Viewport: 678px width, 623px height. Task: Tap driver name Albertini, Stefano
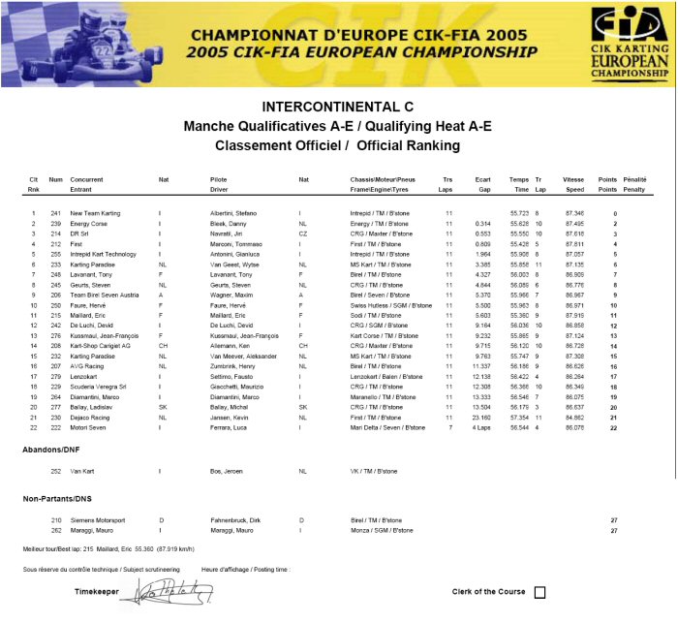tap(232, 213)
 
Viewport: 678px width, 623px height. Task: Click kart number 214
tap(55, 234)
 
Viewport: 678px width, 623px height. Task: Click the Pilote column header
tap(218, 180)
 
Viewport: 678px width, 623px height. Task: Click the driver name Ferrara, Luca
tap(229, 427)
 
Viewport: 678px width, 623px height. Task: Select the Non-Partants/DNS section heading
tap(57, 498)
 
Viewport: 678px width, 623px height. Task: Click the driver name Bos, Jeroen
tap(225, 471)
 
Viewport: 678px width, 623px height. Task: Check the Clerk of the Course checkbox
tap(539, 592)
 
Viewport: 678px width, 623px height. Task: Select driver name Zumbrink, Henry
tap(232, 366)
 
